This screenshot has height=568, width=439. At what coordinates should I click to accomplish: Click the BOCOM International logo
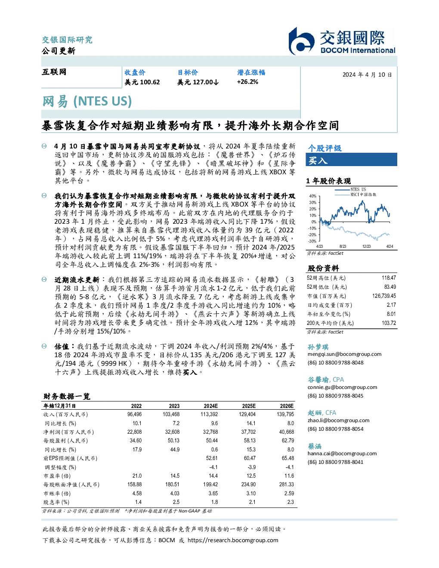[342, 41]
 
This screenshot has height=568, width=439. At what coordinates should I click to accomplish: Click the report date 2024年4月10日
[367, 75]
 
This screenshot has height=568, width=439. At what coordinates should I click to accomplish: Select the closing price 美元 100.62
[142, 82]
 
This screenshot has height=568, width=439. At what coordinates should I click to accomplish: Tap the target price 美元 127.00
[198, 82]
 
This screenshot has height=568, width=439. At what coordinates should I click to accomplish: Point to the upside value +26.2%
[247, 82]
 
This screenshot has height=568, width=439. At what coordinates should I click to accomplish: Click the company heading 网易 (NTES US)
[87, 101]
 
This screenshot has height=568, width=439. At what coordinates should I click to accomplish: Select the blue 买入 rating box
[351, 160]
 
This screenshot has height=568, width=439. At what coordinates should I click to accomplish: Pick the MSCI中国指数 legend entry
[356, 194]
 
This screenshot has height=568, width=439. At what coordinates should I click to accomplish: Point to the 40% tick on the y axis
[313, 196]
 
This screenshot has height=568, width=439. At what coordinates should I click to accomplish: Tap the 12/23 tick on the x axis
[366, 246]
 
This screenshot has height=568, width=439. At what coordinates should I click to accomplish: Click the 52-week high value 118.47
[389, 278]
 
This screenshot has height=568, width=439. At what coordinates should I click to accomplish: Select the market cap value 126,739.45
[384, 296]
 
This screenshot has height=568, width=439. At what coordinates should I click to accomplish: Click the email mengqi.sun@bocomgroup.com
[344, 354]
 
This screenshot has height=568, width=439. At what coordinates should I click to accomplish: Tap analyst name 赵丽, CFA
[322, 413]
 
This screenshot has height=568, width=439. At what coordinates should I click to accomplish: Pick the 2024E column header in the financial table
[211, 406]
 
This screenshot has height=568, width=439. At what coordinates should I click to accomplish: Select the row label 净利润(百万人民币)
[68, 432]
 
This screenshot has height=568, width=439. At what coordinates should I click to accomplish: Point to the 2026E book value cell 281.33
[287, 485]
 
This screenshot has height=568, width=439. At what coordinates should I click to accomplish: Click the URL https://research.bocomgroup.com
[233, 540]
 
